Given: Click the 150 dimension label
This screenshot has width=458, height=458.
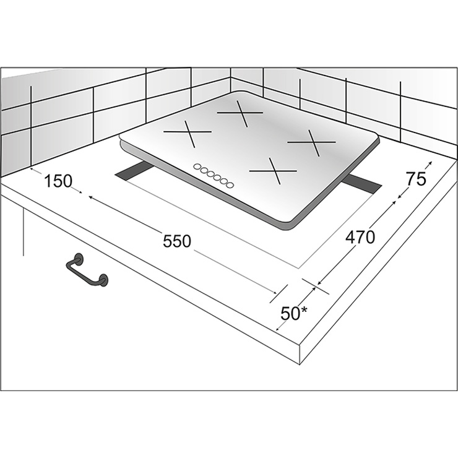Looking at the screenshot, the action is [58, 181].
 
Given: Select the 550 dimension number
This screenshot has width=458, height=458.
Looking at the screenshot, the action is [177, 241].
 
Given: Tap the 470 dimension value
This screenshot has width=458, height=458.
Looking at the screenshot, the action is [360, 237].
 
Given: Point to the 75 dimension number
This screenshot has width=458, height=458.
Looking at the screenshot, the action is [417, 179].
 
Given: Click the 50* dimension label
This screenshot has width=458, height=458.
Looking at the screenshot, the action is [294, 313].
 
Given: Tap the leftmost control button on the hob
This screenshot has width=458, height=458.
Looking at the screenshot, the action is [197, 166].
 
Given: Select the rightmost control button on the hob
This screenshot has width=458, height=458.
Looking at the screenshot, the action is [230, 184].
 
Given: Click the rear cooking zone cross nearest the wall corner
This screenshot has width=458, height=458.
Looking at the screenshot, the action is [240, 113].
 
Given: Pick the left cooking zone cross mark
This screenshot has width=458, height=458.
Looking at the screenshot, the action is [188, 133].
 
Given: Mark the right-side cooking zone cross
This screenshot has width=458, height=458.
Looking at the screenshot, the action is [312, 142].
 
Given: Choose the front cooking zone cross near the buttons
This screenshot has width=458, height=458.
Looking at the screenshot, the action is [273, 171].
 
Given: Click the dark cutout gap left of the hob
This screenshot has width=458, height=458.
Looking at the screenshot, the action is [133, 172].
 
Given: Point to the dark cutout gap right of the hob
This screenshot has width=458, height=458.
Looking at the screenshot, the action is [361, 184].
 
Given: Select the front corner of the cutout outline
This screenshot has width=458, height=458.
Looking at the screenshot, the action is [298, 268].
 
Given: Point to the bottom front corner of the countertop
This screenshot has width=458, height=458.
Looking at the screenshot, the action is [300, 365].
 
